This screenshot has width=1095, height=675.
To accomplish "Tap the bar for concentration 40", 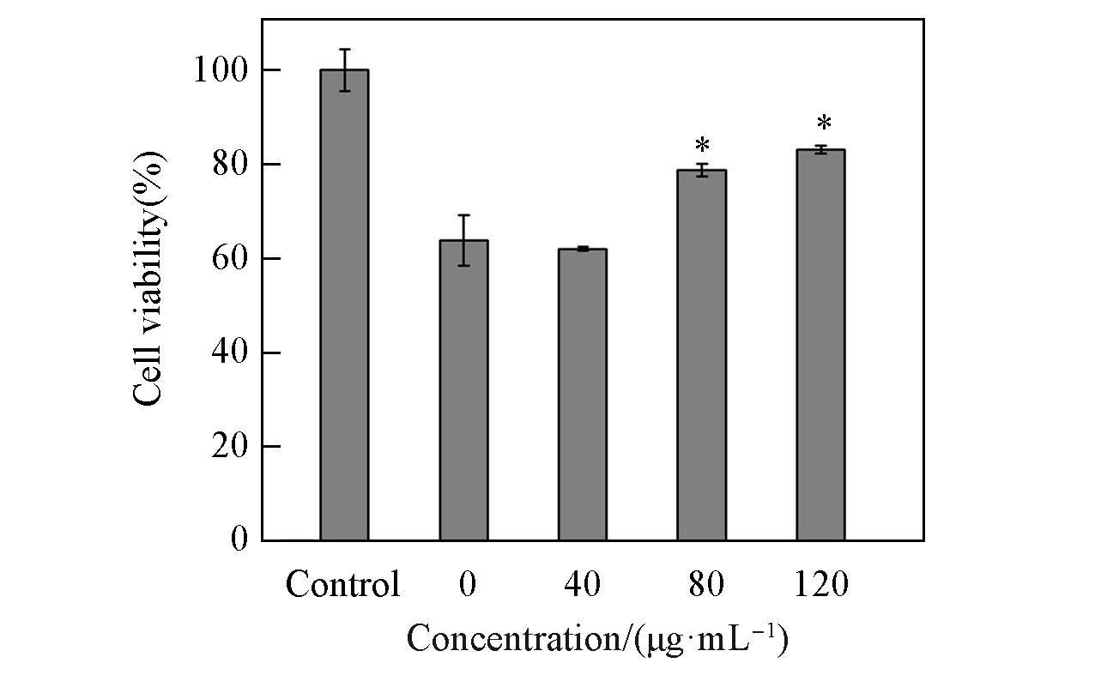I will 583,395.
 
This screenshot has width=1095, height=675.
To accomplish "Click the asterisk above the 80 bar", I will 702,144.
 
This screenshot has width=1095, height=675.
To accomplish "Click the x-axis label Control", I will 342,585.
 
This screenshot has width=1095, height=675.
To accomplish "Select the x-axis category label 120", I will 820,585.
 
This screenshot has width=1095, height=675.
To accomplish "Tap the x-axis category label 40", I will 583,585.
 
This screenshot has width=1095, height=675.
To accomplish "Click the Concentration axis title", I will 596,640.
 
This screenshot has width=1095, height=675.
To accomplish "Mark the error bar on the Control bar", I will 344,69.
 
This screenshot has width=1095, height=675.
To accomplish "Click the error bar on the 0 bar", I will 463,240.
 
